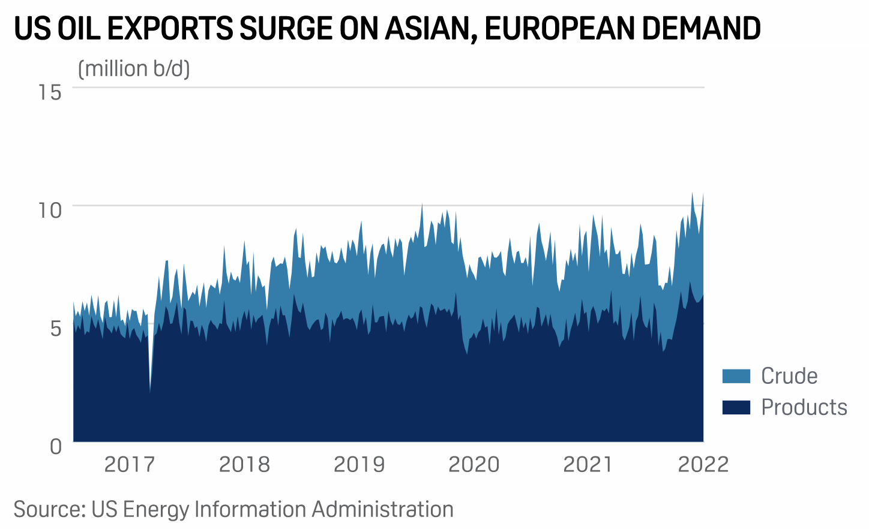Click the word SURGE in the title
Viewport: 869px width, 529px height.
tap(286, 29)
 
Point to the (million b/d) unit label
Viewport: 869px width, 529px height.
tap(134, 69)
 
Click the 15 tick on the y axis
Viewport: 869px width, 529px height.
tap(50, 92)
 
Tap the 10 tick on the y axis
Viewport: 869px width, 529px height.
tap(50, 210)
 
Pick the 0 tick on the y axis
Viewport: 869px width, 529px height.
tap(55, 446)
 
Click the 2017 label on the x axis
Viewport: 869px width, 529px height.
tap(130, 464)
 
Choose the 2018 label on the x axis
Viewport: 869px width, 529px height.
tap(244, 464)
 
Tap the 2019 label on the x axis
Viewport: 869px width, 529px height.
tap(359, 464)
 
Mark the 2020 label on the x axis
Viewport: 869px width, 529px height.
tap(474, 464)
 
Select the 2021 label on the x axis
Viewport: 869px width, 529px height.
tap(588, 464)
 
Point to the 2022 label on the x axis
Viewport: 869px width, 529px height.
tap(703, 464)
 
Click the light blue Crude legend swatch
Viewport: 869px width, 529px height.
tap(736, 376)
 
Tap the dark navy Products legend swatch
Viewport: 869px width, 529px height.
tap(736, 407)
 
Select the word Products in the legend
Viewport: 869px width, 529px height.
tap(804, 407)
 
